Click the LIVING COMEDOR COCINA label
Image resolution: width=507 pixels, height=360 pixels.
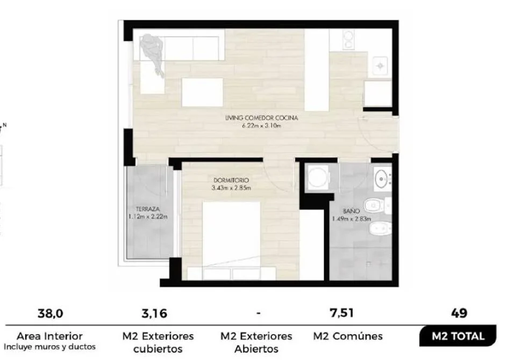tap(261, 118)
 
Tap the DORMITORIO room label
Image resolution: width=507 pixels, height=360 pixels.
tap(231, 180)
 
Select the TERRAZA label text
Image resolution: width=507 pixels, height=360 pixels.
tap(148, 209)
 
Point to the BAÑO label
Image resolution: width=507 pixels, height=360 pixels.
tap(351, 211)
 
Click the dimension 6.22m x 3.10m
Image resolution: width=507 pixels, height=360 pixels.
tap(261, 126)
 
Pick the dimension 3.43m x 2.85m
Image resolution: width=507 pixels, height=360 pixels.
tap(231, 188)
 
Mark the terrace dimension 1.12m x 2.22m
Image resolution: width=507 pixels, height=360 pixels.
tap(148, 217)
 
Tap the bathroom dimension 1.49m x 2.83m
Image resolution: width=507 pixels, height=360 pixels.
tap(352, 219)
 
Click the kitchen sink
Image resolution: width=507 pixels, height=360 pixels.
tap(380, 66)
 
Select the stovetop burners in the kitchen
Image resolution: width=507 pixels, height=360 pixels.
tap(348, 39)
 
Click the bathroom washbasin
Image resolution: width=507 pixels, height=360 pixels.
tap(382, 178)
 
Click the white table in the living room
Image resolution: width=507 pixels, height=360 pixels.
tap(202, 92)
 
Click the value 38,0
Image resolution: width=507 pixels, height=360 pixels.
tap(51, 313)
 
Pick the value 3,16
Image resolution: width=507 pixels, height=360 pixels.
tap(154, 313)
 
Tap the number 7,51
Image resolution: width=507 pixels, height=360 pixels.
tap(341, 313)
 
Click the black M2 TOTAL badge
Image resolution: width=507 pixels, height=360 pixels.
tap(458, 336)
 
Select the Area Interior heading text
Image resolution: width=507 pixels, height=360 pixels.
tap(49, 336)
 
